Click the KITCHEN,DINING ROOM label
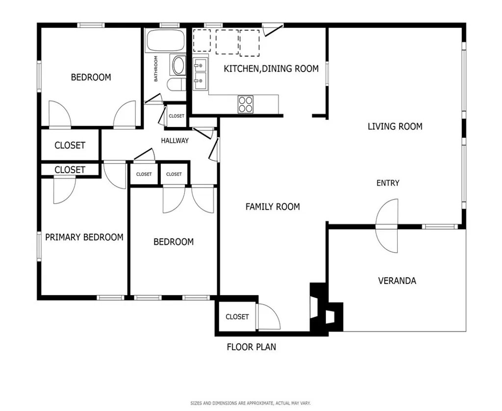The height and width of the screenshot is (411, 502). click(271, 69)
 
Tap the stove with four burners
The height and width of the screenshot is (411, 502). click(246, 104)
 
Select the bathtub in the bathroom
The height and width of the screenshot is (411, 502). click(166, 41)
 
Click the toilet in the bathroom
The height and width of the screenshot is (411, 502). click(176, 84)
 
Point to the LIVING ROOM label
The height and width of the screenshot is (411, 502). click(395, 127)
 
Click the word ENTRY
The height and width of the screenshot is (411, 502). click(388, 183)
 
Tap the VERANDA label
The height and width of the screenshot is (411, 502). click(397, 281)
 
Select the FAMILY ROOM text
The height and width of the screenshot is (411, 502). click(273, 207)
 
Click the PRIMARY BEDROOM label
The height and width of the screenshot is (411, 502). click(84, 237)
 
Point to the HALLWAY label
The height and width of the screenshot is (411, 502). click(175, 141)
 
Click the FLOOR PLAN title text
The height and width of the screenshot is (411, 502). click(251, 347)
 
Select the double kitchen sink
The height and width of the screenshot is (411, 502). click(200, 73)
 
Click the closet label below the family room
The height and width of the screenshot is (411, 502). click(237, 317)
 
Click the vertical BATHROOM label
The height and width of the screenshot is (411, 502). click(156, 69)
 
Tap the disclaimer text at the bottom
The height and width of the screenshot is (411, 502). click(251, 403)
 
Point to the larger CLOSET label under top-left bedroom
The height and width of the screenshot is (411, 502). click(70, 146)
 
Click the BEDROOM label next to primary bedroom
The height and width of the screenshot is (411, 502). click(174, 242)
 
